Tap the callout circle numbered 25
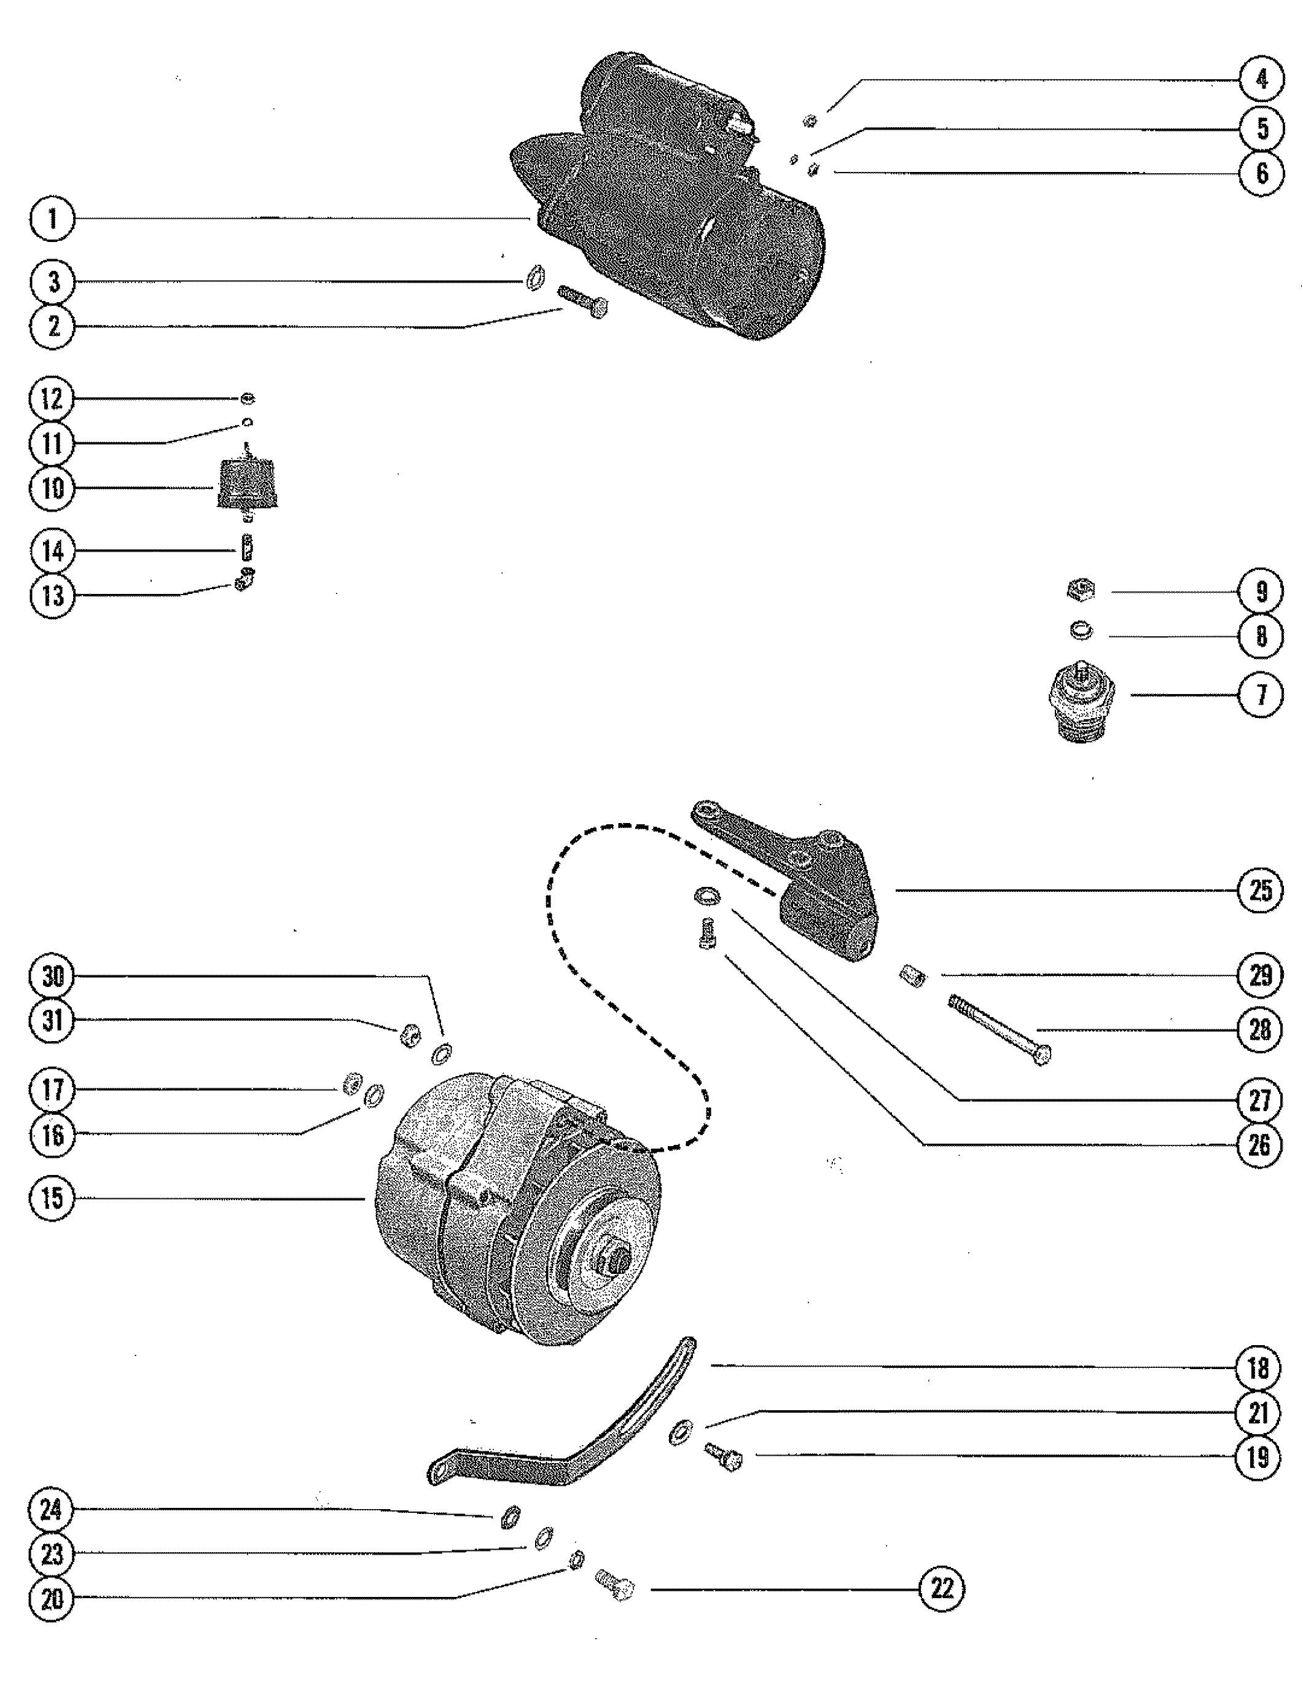point(1260,890)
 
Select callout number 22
point(942,1589)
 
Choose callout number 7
point(1261,695)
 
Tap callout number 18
point(1258,1368)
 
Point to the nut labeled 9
point(1078,591)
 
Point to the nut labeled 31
point(410,1034)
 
